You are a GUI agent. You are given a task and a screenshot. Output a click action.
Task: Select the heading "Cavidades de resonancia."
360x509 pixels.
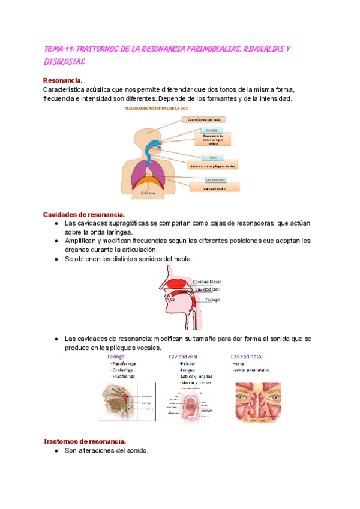[x=84, y=214]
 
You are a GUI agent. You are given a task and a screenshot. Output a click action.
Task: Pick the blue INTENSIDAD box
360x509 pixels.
[x=202, y=179]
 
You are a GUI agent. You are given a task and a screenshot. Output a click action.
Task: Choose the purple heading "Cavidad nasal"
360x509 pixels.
[x=247, y=356]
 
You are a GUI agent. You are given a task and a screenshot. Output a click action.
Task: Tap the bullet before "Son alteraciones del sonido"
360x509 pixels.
[x=55, y=451]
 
